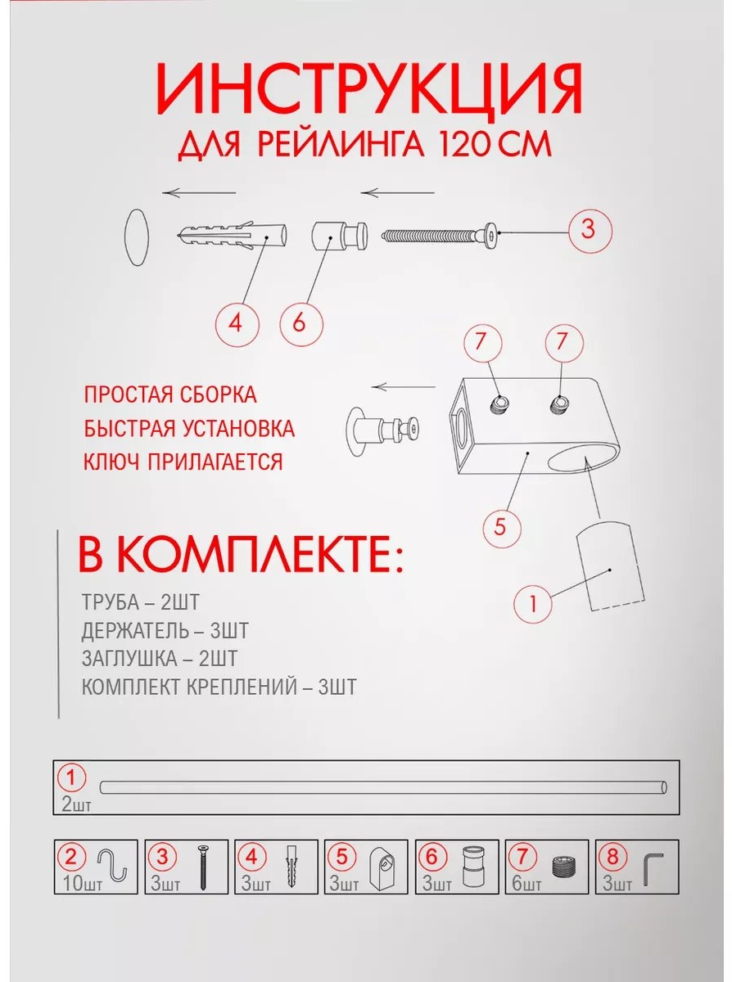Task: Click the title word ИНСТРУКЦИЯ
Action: point(368,90)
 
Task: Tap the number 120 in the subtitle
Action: point(462,143)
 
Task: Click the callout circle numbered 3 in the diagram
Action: point(590,231)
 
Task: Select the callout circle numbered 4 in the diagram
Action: point(237,323)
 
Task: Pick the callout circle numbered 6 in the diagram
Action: point(301,323)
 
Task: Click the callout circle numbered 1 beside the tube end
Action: point(533,604)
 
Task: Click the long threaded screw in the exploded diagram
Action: point(440,234)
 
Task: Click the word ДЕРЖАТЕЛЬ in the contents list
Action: point(135,630)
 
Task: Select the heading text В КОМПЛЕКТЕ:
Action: point(241,555)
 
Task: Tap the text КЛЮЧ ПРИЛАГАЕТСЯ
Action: point(183,462)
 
